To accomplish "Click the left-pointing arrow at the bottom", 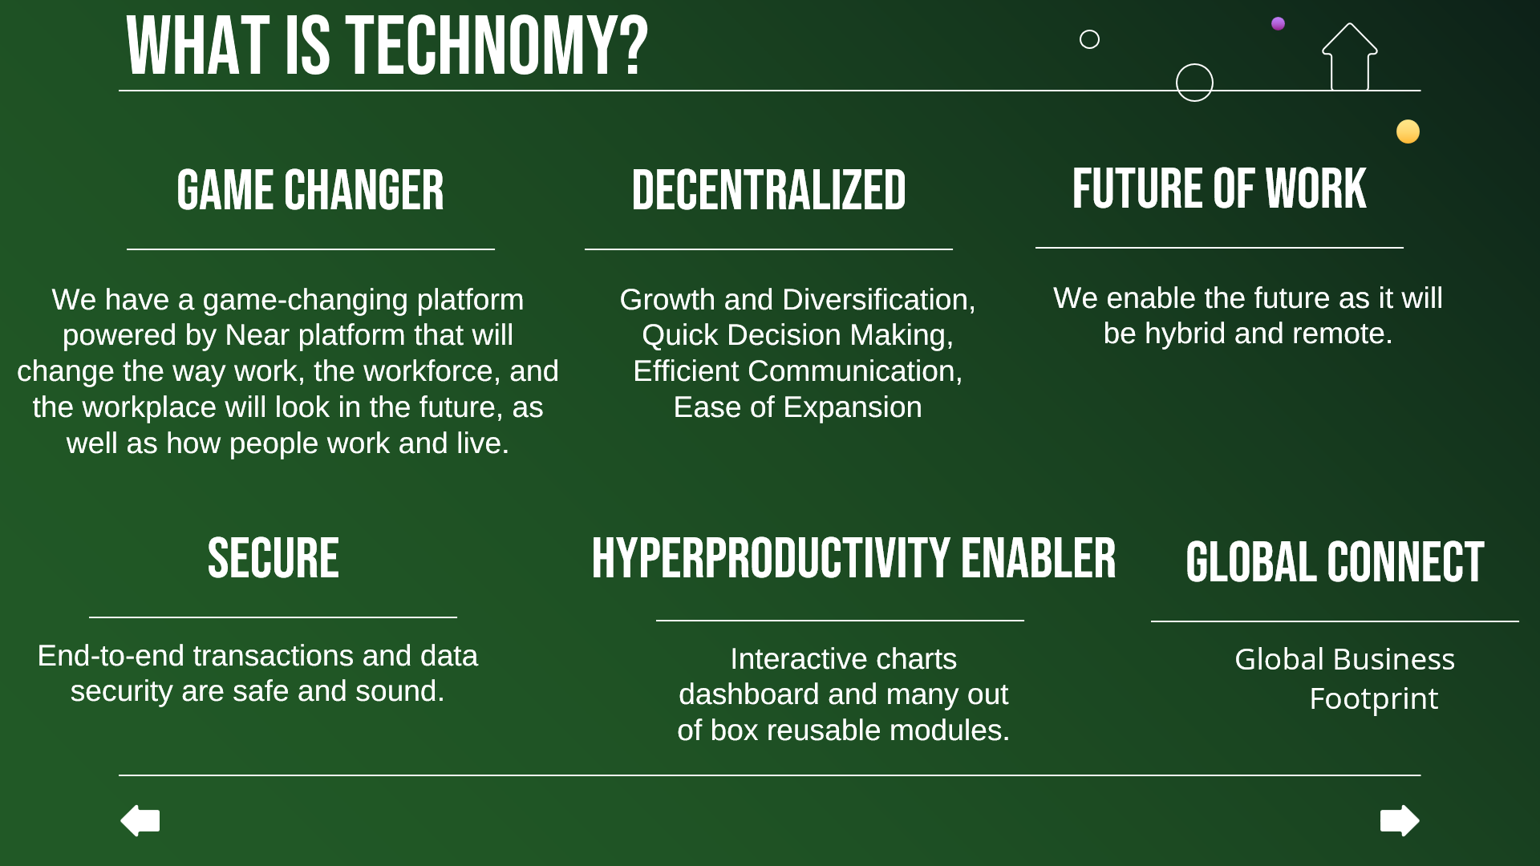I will click(x=140, y=820).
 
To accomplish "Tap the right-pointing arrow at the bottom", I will click(x=1400, y=820).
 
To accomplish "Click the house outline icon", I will click(x=1350, y=57).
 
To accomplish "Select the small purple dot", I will click(x=1279, y=23).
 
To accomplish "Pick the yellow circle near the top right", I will click(x=1408, y=132).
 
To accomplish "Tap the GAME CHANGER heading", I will click(x=310, y=191).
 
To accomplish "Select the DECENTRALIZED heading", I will click(x=768, y=191).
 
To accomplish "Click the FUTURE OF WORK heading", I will click(x=1219, y=189).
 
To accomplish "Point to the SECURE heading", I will click(x=273, y=558).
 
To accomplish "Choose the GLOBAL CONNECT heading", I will click(x=1335, y=562).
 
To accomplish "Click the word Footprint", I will click(x=1373, y=699).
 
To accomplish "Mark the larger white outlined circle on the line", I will click(x=1194, y=83).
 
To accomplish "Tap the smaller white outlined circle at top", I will click(x=1089, y=39).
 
